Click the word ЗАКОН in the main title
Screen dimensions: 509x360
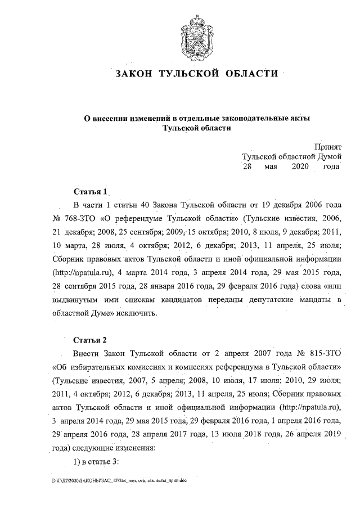point(133,74)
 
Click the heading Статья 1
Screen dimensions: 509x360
point(90,191)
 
